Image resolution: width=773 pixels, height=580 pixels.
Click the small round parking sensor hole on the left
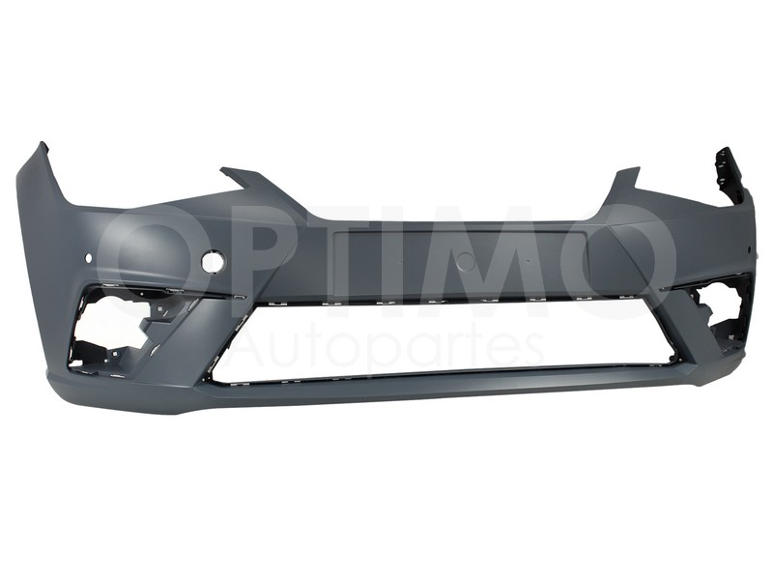pos(89,257)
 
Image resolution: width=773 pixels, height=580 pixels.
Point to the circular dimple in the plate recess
pos(465,261)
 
